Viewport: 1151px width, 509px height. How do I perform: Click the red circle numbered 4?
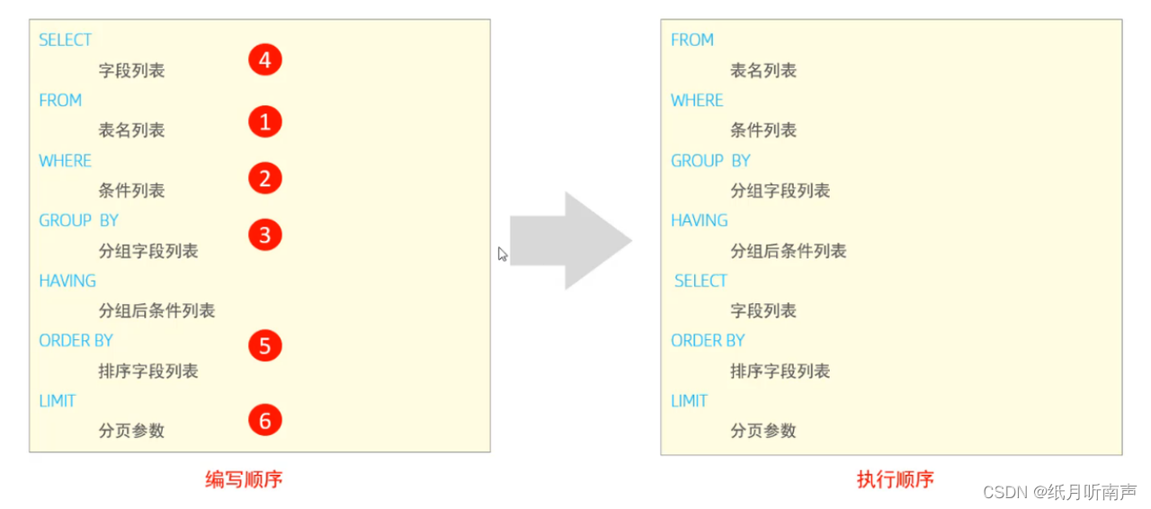(264, 60)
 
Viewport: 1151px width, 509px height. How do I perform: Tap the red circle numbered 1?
(264, 121)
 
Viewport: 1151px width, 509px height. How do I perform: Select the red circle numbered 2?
(264, 178)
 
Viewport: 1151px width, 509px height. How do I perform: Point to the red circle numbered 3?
(264, 235)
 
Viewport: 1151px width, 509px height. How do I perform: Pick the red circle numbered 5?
(264, 346)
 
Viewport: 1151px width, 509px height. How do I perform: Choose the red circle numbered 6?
(264, 419)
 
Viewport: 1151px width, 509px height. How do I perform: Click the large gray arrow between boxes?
(570, 240)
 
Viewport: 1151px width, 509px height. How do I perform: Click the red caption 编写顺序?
(244, 479)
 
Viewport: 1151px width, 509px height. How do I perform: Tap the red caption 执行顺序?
(895, 479)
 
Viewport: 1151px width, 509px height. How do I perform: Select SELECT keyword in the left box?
(65, 40)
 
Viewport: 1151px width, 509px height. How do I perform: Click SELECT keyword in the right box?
(700, 281)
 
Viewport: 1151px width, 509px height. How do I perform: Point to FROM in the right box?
(691, 40)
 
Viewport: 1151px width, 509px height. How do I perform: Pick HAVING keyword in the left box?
(67, 281)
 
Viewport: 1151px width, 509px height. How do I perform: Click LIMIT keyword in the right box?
(689, 401)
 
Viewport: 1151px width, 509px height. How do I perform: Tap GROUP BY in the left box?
(78, 220)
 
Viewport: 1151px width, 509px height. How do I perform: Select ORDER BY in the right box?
(708, 341)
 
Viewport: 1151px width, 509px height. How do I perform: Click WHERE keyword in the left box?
(65, 161)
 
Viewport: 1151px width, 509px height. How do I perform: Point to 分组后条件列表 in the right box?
(788, 251)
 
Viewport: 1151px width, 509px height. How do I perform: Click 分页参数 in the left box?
(131, 431)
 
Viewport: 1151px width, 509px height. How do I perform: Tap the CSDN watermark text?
(1059, 492)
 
